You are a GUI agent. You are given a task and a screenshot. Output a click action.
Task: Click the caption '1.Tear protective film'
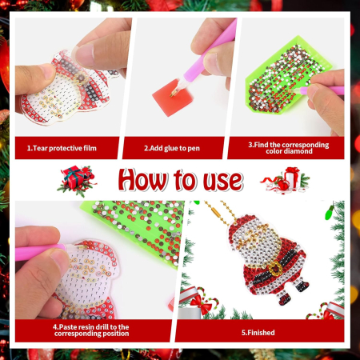[67, 148]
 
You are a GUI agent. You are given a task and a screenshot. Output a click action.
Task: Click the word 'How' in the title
[143, 181]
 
